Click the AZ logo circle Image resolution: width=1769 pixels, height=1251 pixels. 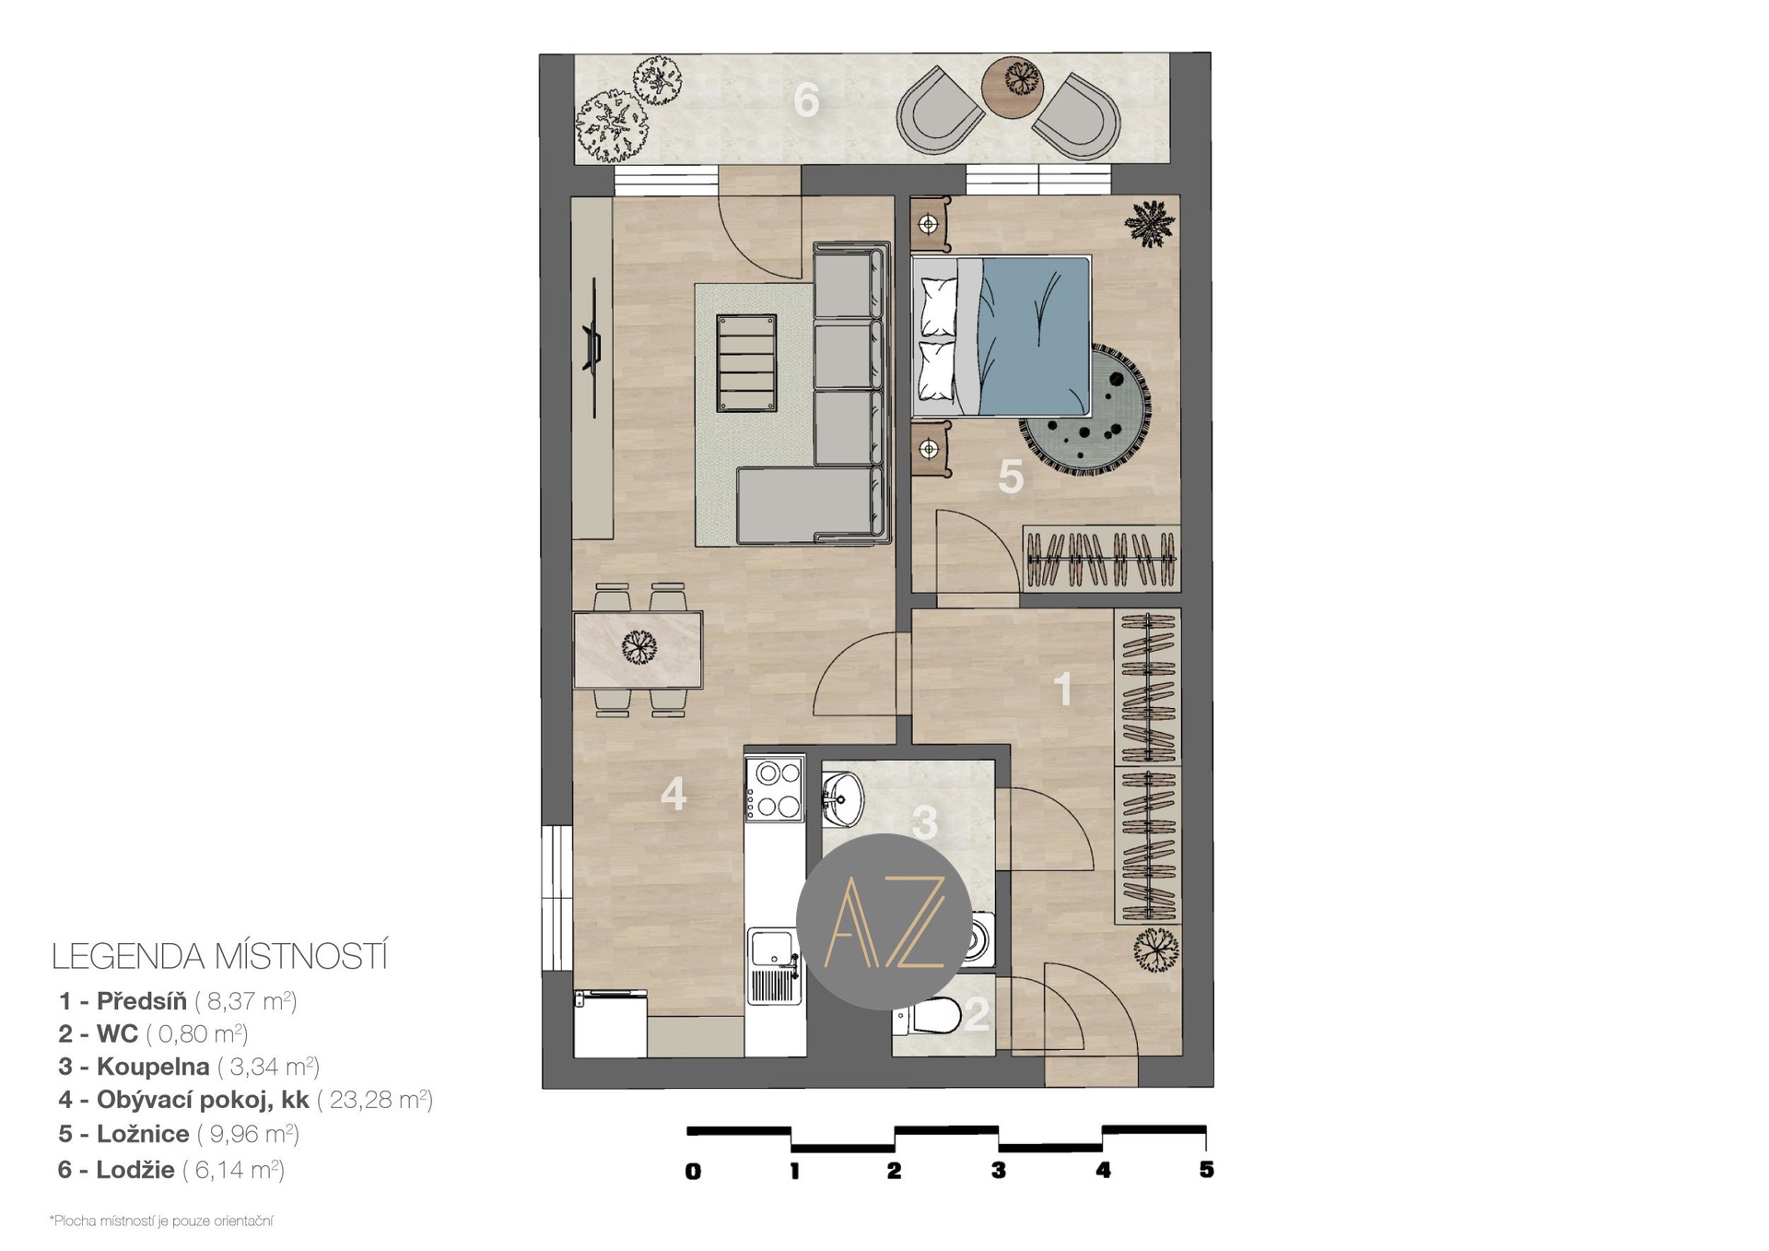(x=884, y=922)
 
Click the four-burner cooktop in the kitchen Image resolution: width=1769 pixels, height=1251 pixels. (x=775, y=789)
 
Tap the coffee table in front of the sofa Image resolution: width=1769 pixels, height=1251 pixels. (x=746, y=363)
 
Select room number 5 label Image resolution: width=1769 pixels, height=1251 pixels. (x=1011, y=478)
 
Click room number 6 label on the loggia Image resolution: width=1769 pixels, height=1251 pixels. (x=806, y=100)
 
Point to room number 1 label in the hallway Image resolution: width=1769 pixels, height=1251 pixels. (x=1063, y=689)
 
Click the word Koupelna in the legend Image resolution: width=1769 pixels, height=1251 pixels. (x=153, y=1067)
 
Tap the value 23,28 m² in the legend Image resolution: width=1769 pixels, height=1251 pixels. (x=375, y=1100)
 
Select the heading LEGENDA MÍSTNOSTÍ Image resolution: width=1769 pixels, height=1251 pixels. (x=219, y=957)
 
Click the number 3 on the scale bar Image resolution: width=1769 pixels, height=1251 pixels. (x=999, y=1171)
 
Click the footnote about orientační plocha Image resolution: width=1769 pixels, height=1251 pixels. (x=161, y=1221)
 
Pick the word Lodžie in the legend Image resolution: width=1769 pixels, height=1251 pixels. (x=135, y=1170)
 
